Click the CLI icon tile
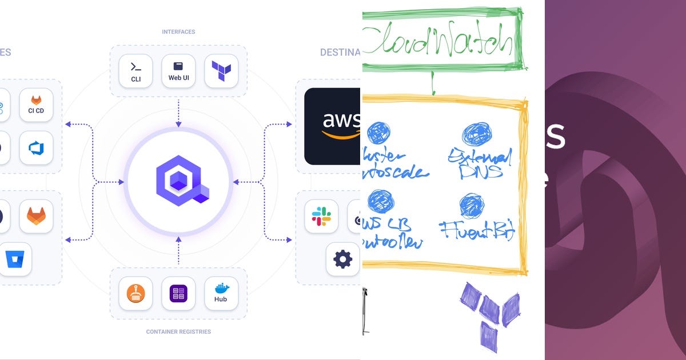click(136, 71)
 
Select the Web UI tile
click(178, 71)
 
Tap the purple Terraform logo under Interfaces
click(221, 71)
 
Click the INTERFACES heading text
click(178, 32)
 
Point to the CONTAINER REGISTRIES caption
click(178, 331)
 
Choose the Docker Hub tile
click(221, 294)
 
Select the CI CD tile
click(36, 105)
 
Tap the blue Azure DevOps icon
click(36, 148)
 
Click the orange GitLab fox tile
click(36, 216)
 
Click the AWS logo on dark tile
click(333, 126)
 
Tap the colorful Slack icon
click(321, 216)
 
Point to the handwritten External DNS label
click(479, 163)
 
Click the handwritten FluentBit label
click(478, 231)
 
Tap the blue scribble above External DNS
click(476, 134)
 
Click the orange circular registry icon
click(136, 294)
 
